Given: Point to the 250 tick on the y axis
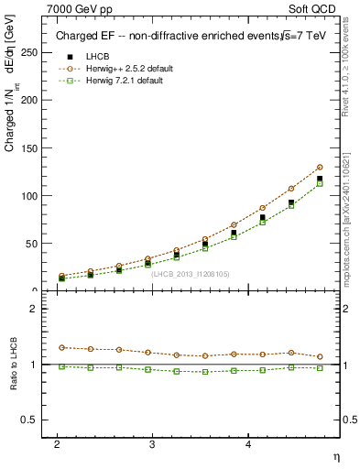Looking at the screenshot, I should pos(30,53).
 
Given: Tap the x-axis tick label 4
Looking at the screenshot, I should pos(248,443).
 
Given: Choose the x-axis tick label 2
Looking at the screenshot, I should pos(57,443).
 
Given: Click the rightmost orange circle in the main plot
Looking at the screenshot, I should pos(320,168).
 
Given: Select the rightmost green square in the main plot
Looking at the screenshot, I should pos(320,183).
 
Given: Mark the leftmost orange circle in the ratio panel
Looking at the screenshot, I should pos(61,347).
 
